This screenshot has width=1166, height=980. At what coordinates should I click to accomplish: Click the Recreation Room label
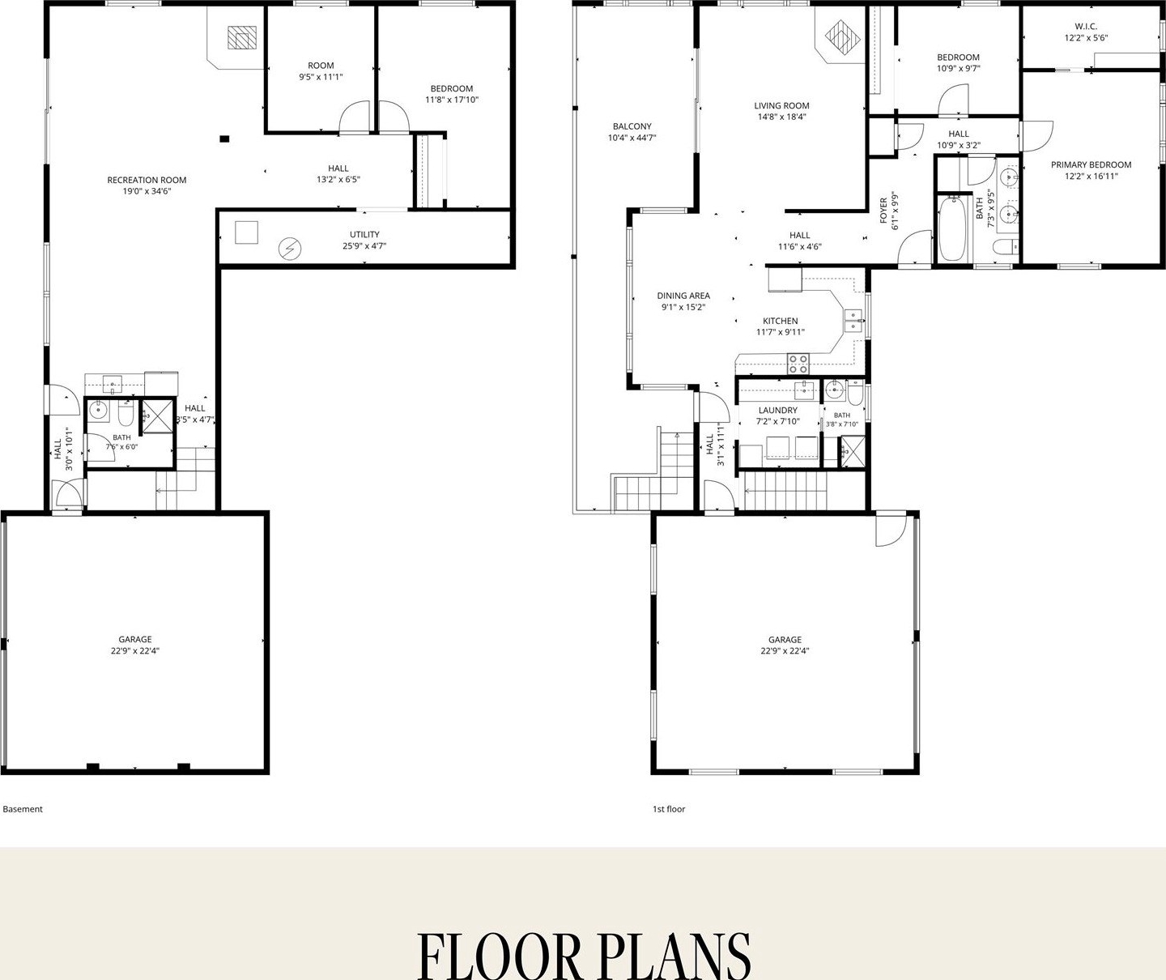click(147, 180)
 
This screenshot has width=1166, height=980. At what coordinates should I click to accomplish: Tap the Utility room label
click(364, 235)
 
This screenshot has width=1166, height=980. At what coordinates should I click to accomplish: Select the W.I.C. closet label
click(1086, 27)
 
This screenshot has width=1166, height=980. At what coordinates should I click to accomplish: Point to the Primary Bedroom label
click(1092, 165)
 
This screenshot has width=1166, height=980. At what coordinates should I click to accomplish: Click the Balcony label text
click(632, 126)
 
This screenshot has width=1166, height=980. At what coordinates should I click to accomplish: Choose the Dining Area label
click(683, 296)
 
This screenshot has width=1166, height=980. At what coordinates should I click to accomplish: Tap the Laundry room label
click(778, 410)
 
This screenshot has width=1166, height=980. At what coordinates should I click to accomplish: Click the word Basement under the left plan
click(23, 809)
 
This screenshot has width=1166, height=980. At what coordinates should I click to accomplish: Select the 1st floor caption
click(669, 809)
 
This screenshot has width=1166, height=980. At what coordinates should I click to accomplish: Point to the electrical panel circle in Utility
click(290, 249)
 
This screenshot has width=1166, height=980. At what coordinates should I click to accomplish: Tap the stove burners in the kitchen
click(798, 364)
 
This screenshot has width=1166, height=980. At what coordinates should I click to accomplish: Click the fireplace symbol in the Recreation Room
click(242, 38)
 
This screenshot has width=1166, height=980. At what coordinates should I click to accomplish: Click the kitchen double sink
click(853, 321)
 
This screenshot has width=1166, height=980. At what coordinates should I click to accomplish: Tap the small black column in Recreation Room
click(224, 138)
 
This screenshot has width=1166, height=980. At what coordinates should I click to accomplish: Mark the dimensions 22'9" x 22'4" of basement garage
click(135, 651)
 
